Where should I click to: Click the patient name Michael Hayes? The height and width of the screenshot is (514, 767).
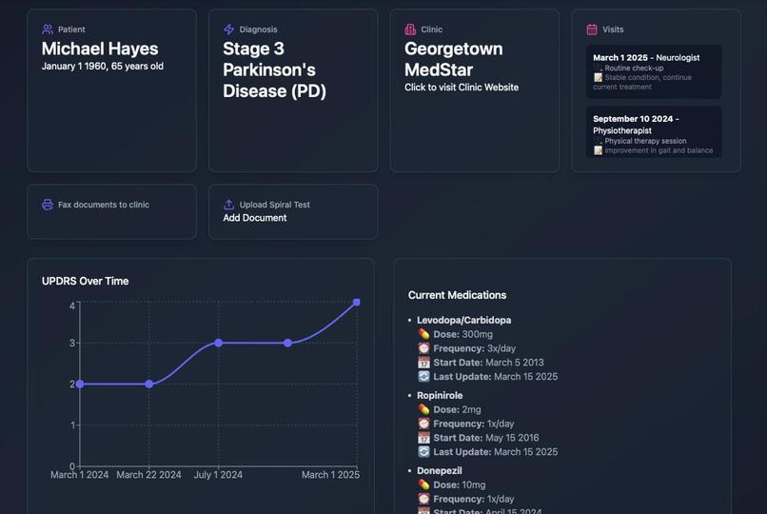(100, 49)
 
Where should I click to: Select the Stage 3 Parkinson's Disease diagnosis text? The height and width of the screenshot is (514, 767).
(274, 69)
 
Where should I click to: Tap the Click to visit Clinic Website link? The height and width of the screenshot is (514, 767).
(462, 88)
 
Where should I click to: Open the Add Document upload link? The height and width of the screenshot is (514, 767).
(254, 218)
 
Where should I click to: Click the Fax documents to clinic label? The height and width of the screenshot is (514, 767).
(103, 205)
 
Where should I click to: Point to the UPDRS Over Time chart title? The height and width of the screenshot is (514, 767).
(85, 281)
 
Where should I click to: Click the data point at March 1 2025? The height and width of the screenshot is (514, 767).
(357, 303)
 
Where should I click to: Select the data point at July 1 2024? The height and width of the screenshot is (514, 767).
(218, 343)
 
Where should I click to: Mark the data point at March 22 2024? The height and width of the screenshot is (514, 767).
(149, 385)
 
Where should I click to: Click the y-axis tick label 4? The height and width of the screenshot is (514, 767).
(72, 306)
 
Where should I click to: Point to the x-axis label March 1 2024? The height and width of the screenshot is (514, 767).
(80, 475)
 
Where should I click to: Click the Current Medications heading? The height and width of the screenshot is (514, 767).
(457, 295)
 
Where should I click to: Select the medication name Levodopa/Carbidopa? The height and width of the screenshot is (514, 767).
(463, 320)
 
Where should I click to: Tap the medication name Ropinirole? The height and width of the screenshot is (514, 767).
(440, 395)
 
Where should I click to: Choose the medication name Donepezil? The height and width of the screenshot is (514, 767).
(439, 470)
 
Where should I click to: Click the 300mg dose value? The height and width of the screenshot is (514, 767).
(477, 334)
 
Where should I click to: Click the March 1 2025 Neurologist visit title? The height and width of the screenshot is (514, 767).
(646, 58)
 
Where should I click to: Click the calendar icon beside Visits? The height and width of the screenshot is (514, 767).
(592, 30)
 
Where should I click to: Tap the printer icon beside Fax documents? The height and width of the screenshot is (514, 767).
(48, 205)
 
